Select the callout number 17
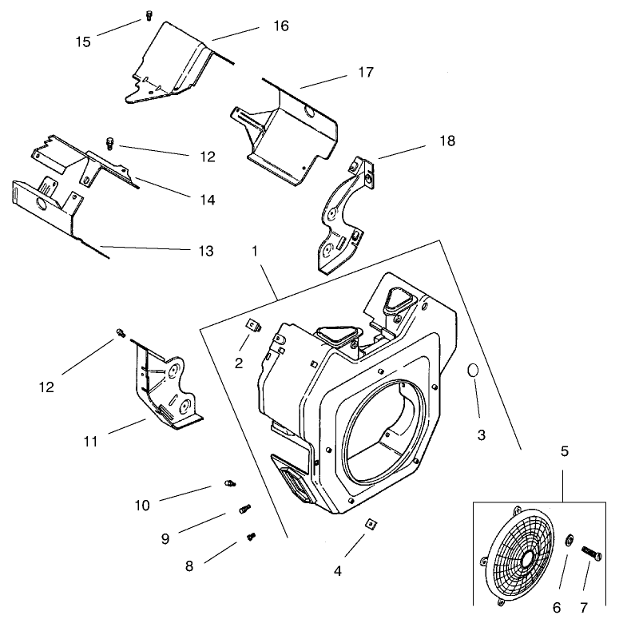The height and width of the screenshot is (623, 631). pyautogui.click(x=365, y=72)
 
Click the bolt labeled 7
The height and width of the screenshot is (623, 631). pyautogui.click(x=592, y=551)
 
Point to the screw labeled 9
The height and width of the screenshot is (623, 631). pyautogui.click(x=244, y=507)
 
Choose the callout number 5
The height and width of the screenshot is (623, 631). pyautogui.click(x=564, y=451)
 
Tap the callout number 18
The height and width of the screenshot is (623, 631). pyautogui.click(x=446, y=141)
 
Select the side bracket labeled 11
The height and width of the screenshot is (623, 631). pyautogui.click(x=168, y=383)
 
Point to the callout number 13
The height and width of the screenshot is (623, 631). pyautogui.click(x=205, y=251)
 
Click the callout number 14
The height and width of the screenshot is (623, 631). pyautogui.click(x=206, y=200)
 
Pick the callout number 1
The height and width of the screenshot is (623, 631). pyautogui.click(x=254, y=250)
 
